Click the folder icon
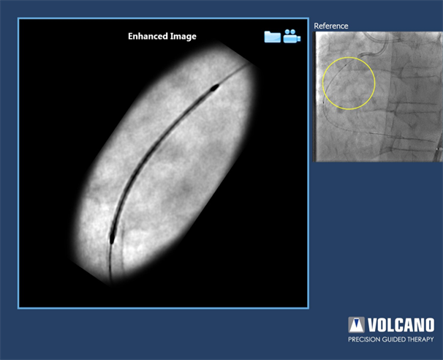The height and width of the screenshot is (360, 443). click(x=273, y=37)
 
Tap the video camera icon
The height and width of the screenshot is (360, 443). click(x=292, y=36)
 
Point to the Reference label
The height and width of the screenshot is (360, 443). click(x=331, y=26)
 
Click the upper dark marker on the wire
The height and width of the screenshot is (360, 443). click(x=214, y=88)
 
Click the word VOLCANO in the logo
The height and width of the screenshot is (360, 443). click(x=401, y=325)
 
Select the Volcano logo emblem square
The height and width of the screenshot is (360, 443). click(x=356, y=325)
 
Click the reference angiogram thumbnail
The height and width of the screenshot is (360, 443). click(x=378, y=97)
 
